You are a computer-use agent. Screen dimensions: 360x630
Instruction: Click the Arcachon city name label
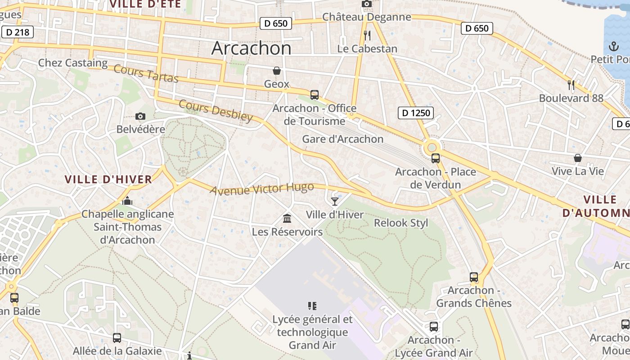click(251, 48)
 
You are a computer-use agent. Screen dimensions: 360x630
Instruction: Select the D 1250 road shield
click(416, 113)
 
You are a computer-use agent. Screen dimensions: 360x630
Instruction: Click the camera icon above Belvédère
click(140, 117)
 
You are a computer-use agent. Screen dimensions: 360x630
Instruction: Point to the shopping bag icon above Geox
click(276, 71)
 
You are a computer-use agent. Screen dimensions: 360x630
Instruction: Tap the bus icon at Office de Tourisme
click(314, 95)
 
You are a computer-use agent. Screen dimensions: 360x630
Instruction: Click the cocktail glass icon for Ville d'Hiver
click(334, 201)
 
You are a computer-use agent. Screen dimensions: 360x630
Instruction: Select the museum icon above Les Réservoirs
click(287, 219)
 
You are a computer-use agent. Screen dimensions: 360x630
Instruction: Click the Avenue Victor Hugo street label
click(261, 189)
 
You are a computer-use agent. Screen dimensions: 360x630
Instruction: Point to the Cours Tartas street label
click(146, 74)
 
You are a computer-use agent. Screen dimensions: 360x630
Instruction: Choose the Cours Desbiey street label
click(216, 111)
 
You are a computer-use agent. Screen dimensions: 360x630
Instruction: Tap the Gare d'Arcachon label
click(342, 139)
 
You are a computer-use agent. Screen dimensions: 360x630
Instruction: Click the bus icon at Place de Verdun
click(435, 158)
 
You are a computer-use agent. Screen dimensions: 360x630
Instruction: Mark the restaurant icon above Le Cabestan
click(367, 35)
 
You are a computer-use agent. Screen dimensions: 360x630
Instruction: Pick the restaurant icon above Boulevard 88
click(571, 84)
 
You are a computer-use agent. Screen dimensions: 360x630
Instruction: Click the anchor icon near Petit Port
click(613, 46)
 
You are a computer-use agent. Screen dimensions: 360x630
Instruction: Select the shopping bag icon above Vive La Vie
click(577, 158)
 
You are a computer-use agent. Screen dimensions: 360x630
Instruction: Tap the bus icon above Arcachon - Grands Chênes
click(473, 277)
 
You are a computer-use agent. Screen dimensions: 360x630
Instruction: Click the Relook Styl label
click(401, 223)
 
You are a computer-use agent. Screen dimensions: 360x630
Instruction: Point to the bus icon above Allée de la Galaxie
click(117, 337)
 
